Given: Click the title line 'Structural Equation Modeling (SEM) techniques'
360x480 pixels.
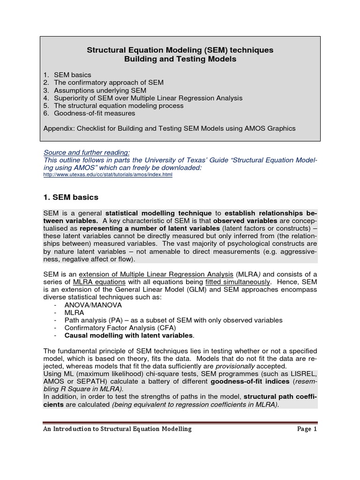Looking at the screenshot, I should pos(180,50).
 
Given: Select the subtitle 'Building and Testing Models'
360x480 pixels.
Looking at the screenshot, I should pos(180,59).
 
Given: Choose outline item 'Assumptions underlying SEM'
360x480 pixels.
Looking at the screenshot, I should pos(100,90).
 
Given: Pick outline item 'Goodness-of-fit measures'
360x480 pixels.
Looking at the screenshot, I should pos(94,113).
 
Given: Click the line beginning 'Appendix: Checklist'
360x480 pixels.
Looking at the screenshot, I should pos(169,128).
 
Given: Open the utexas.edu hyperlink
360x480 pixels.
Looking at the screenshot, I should pos(108,174).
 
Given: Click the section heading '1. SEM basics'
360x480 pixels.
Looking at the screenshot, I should pos(70,197).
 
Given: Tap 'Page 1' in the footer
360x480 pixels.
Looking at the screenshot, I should pos(307,429).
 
